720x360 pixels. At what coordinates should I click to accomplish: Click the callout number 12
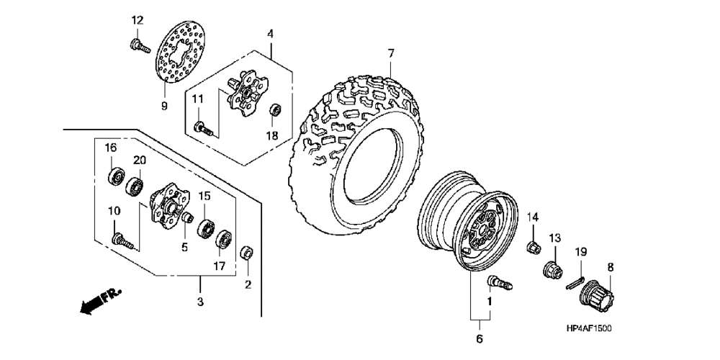click(x=138, y=19)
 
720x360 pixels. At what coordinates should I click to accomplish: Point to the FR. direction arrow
click(x=98, y=300)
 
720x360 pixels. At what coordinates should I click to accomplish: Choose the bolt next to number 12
click(x=138, y=46)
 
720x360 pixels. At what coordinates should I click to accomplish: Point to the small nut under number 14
click(x=534, y=247)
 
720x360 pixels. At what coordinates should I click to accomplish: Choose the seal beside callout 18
click(x=274, y=110)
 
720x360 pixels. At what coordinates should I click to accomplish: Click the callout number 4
click(x=270, y=34)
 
